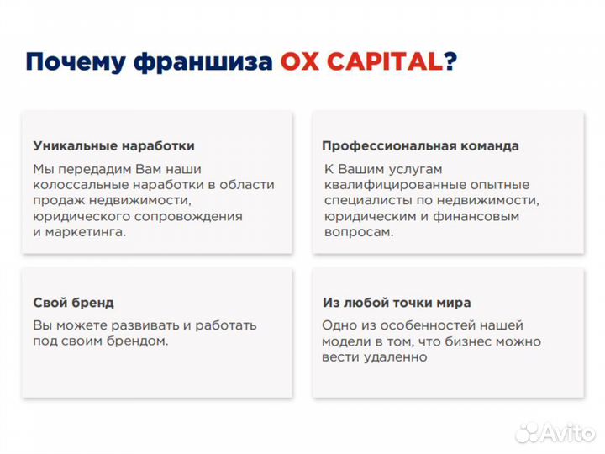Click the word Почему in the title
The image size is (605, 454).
point(72,62)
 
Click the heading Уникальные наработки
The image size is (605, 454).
point(113,146)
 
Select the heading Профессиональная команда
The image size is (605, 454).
point(420,146)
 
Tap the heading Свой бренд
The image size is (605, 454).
point(73,303)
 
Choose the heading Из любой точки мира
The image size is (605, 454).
point(396,303)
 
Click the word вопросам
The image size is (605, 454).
point(358,232)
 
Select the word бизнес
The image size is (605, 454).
point(476,341)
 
